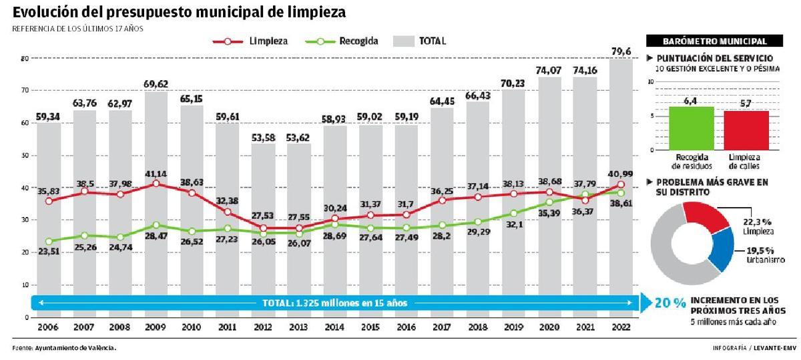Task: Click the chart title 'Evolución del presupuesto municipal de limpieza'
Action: point(179,11)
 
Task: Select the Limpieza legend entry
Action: point(252,41)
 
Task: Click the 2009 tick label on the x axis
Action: point(156,328)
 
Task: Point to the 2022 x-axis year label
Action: point(620,328)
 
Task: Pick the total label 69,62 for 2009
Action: point(156,84)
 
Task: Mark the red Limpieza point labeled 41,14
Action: point(156,184)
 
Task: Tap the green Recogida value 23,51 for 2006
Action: point(49,252)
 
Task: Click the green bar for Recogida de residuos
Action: point(691,128)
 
